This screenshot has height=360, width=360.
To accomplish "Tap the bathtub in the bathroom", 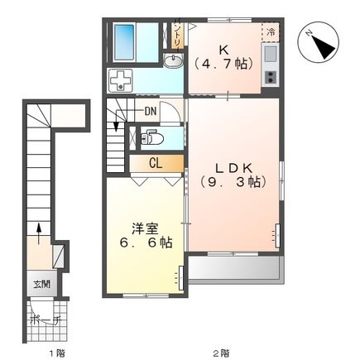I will click(x=125, y=38).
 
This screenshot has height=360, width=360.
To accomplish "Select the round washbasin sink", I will click(x=173, y=63).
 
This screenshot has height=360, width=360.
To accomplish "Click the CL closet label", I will click(x=156, y=163).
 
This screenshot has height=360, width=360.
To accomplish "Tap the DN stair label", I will click(x=150, y=110).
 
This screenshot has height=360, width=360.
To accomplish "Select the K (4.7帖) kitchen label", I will click(x=223, y=55).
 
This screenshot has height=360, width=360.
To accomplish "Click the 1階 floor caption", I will click(x=55, y=353).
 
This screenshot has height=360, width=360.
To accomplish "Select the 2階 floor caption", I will click(x=220, y=353).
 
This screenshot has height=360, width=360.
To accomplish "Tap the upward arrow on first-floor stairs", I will click(x=37, y=229).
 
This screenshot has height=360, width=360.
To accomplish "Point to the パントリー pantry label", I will click(x=177, y=35).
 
